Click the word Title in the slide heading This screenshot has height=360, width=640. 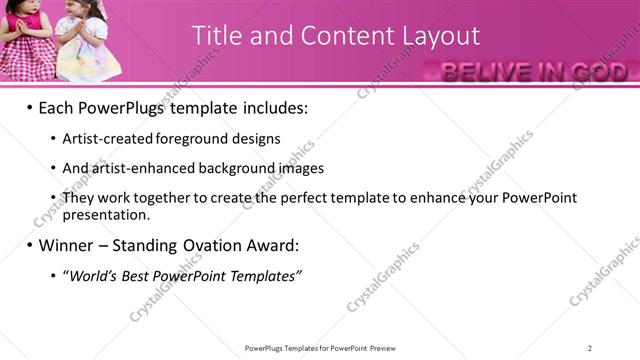point(215,36)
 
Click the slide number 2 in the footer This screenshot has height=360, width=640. point(590,348)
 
